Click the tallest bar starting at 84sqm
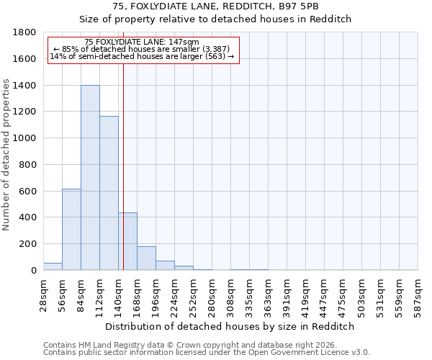[90, 178]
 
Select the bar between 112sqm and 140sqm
[109, 193]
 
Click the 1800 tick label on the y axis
[24, 32]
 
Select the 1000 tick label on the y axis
[24, 138]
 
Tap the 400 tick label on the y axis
[27, 217]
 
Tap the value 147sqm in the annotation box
[185, 42]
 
